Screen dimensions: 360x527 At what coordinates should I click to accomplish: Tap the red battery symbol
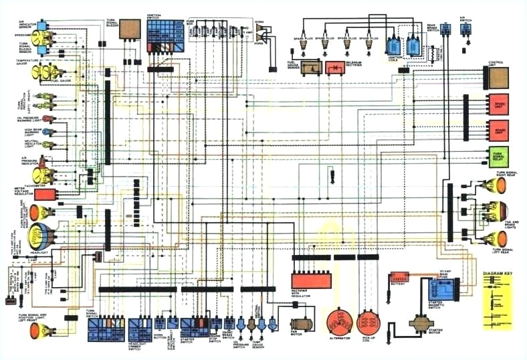click(x=399, y=276)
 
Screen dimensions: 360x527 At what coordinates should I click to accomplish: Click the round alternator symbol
click(x=340, y=322)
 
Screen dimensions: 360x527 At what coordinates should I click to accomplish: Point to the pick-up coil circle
click(x=368, y=322)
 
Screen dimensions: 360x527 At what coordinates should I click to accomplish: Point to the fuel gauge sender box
click(x=310, y=68)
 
